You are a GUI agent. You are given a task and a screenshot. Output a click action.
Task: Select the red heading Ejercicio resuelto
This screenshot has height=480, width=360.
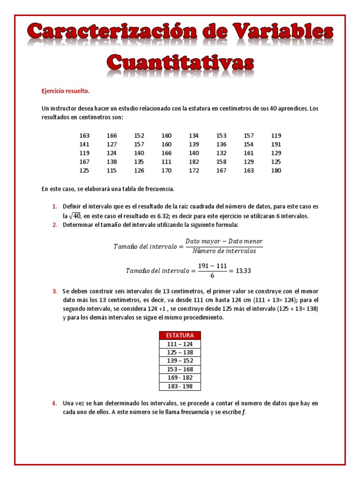tap(65, 91)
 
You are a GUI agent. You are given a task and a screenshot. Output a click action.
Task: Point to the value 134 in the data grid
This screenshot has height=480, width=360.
tap(194, 135)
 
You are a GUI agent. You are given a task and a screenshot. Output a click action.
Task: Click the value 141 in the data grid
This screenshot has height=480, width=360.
tap(84, 144)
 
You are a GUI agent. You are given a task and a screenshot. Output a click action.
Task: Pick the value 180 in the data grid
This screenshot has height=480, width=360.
tap(276, 171)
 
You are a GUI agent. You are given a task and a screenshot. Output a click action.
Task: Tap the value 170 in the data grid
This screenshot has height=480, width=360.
tap(166, 171)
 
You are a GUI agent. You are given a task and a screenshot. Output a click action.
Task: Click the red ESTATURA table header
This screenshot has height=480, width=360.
tap(180, 335)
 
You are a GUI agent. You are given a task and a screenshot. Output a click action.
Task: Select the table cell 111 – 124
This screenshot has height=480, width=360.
tap(180, 344)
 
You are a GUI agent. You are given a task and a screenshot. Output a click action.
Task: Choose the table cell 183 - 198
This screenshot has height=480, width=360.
tap(180, 386)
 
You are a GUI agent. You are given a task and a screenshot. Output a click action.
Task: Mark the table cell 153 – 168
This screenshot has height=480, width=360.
tap(180, 369)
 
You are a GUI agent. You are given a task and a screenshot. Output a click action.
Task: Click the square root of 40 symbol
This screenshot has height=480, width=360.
tap(75, 216)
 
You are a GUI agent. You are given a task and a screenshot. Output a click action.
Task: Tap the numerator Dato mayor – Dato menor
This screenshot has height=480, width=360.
tap(224, 241)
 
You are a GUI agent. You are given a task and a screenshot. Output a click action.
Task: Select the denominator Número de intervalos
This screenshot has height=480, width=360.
tap(224, 251)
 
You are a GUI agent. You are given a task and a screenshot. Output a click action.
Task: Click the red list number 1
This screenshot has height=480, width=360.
tap(54, 207)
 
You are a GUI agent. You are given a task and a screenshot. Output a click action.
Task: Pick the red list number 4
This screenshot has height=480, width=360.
tap(54, 403)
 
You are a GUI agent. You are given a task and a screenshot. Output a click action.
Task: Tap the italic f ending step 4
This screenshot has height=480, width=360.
tap(243, 412)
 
